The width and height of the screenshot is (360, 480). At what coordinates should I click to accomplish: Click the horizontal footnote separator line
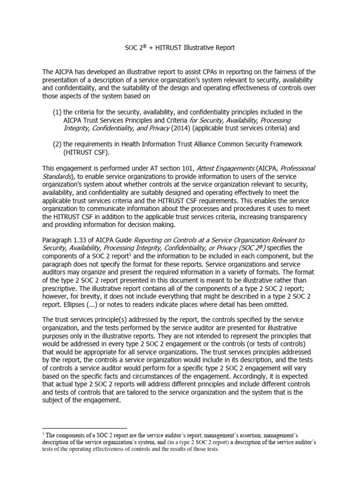[84, 428]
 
